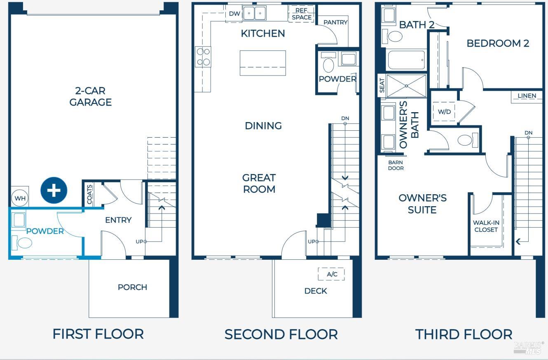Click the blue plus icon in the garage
click(x=54, y=190)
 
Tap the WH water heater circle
click(x=20, y=198)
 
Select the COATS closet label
click(x=89, y=195)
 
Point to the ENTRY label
click(x=118, y=220)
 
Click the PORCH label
click(x=132, y=287)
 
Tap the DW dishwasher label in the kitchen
click(x=234, y=14)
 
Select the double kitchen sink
click(x=255, y=13)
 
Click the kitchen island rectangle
click(x=263, y=63)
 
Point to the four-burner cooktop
click(x=203, y=57)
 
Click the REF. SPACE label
click(x=302, y=14)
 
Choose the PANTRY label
click(x=335, y=22)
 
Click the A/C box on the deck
click(x=331, y=274)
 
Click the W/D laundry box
click(x=444, y=112)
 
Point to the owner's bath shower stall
click(x=406, y=86)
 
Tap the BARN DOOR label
click(x=396, y=165)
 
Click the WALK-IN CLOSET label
click(x=486, y=226)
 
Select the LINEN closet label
click(x=527, y=96)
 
